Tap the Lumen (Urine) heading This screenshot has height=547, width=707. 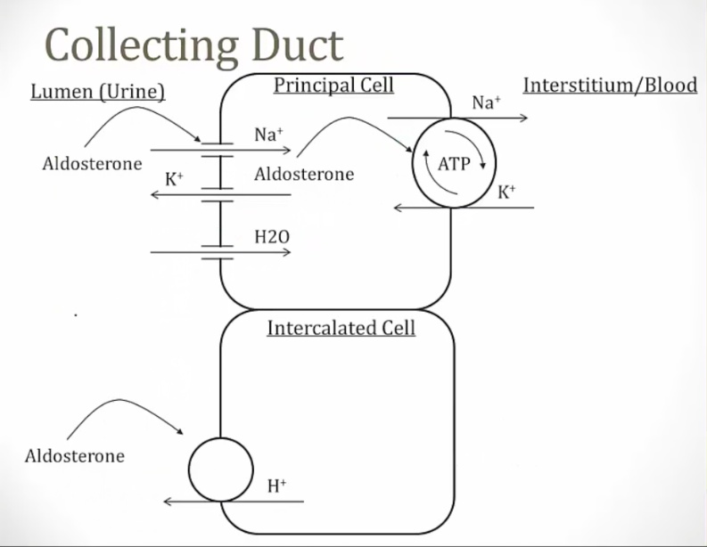tap(98, 92)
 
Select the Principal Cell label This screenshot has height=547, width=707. tap(333, 86)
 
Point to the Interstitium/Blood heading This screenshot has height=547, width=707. tap(610, 86)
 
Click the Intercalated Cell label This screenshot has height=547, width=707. tap(341, 328)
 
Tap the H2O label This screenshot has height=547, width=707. tap(272, 237)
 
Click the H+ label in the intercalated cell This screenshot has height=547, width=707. tap(276, 486)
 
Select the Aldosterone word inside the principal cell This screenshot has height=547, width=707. tap(304, 174)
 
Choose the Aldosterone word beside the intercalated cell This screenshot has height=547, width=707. tap(75, 456)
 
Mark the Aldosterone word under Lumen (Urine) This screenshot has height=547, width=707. tap(92, 164)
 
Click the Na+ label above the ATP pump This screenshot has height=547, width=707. tap(486, 102)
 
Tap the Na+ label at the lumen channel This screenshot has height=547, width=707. tap(268, 135)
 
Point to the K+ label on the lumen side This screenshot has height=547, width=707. tap(174, 178)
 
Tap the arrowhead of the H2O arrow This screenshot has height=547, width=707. tap(286, 252)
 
